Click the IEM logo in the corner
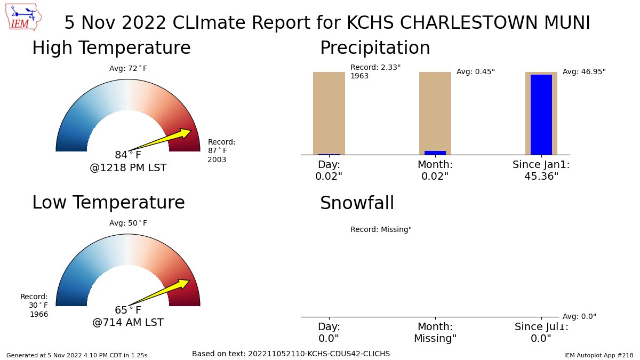[x=24, y=17]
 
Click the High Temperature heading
[x=111, y=48]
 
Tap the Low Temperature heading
[x=108, y=203]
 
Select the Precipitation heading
[x=375, y=48]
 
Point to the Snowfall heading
[x=357, y=203]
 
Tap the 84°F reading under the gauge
[x=128, y=155]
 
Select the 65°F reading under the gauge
[x=128, y=310]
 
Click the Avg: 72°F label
[x=128, y=68]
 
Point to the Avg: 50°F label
[x=128, y=223]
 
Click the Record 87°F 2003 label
[x=221, y=150]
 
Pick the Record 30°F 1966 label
[x=35, y=306]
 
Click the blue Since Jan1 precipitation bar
[x=541, y=115]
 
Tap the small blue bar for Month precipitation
[x=435, y=153]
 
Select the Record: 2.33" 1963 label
[x=375, y=71]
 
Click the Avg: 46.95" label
[x=584, y=71]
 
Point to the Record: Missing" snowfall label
[x=381, y=230]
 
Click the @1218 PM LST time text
[x=128, y=168]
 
